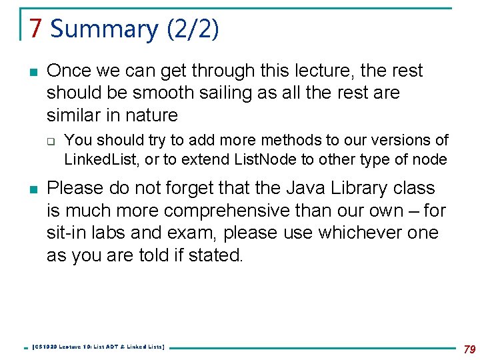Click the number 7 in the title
tap(36, 29)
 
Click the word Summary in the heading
tap(104, 29)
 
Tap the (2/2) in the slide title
tap(193, 29)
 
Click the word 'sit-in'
tap(68, 233)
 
